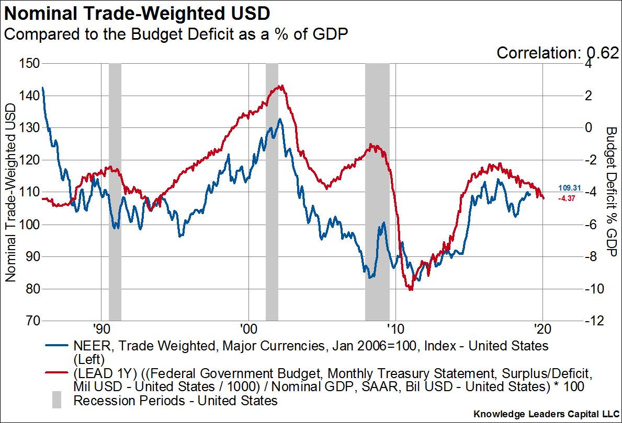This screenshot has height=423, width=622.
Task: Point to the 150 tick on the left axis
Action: click(29, 64)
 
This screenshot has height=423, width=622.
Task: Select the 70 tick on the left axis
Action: click(31, 321)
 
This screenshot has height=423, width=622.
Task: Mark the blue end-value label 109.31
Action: click(568, 189)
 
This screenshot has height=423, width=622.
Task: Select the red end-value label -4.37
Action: click(568, 198)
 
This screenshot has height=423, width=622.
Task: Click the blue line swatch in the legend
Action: click(56, 346)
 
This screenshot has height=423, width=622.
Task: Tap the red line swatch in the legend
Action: click(56, 374)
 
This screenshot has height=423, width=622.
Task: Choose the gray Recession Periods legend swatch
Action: click(56, 401)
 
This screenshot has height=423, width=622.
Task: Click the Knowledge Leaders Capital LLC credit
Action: click(545, 414)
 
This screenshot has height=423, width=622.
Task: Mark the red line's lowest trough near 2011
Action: click(411, 289)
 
